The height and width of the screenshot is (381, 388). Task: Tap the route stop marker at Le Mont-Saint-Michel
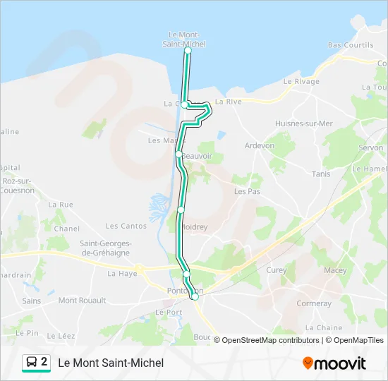188,51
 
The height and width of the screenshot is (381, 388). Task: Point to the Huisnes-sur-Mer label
304,123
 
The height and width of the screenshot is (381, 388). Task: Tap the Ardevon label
259,146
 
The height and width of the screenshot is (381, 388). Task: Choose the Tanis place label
321,174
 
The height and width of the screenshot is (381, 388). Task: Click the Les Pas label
247,191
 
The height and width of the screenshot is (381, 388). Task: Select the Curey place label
276,270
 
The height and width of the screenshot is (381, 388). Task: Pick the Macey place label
335,270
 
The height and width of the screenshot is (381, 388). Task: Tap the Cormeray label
314,304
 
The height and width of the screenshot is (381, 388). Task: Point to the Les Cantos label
126,226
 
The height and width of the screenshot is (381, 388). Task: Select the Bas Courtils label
351,45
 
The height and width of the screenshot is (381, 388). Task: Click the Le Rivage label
301,81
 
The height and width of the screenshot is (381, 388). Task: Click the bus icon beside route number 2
32,363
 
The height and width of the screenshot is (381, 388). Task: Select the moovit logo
334,363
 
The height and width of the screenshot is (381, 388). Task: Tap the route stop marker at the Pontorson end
195,296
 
